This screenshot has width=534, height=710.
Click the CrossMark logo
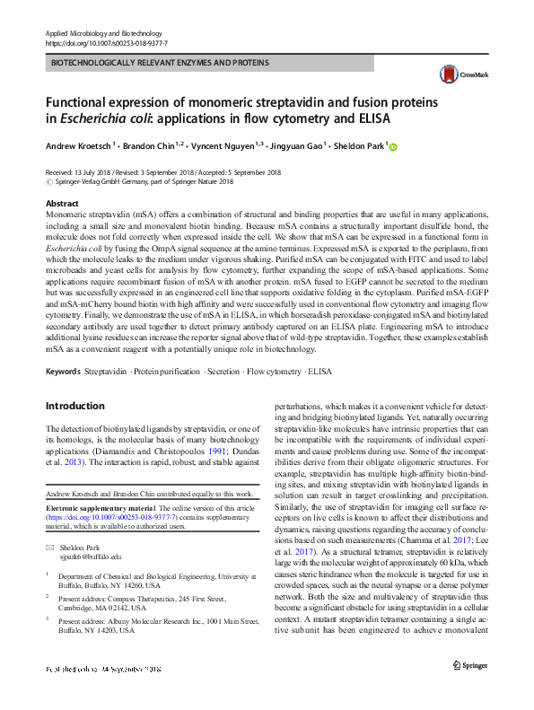coord(460,75)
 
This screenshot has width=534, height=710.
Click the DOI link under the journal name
coord(105,43)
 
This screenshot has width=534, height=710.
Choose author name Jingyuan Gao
coord(300,146)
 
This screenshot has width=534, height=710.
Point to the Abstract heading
coord(62,204)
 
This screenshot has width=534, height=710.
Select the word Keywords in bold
coord(63,370)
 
